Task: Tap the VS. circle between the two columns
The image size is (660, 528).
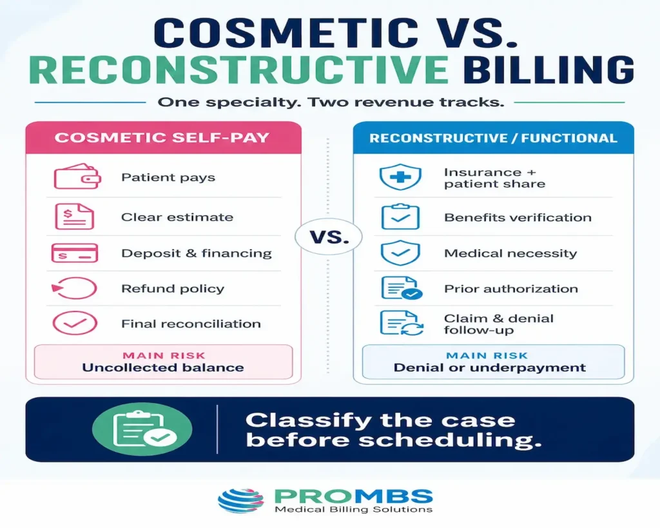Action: [329, 237]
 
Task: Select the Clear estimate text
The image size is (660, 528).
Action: [177, 217]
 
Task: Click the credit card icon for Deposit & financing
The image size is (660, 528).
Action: [75, 253]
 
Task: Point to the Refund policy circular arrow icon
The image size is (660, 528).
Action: [74, 288]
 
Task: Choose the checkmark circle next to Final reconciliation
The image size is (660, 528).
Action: [75, 324]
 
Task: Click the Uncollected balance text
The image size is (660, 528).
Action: [163, 367]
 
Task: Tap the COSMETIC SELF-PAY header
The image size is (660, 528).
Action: [162, 138]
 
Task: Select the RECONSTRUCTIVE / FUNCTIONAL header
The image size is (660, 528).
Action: [493, 138]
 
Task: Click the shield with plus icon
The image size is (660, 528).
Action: [400, 177]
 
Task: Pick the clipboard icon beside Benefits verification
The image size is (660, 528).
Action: [400, 217]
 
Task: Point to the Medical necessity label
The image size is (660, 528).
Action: [510, 253]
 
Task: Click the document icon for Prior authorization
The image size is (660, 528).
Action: [401, 288]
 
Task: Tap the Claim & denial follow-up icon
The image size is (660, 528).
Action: [401, 324]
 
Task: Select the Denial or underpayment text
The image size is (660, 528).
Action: [490, 367]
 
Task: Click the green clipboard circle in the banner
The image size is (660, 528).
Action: [142, 429]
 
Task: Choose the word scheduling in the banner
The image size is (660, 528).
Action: [449, 440]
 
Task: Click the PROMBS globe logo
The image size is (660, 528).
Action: [241, 501]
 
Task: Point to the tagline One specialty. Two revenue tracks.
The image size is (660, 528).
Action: [331, 103]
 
